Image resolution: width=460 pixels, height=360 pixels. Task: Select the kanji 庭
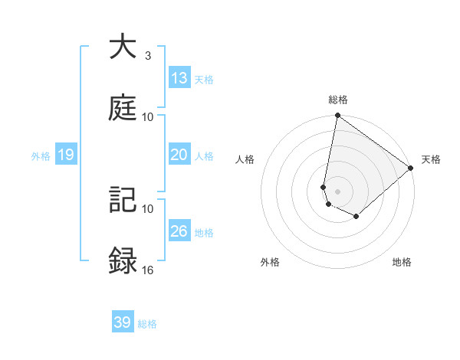click(123, 108)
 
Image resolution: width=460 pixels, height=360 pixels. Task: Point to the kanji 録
click(123, 261)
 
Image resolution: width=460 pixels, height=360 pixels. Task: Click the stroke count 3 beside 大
click(147, 56)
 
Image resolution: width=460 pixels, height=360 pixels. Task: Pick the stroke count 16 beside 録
click(147, 270)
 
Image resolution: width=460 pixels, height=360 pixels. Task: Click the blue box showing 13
click(179, 78)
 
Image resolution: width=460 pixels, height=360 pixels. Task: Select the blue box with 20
click(179, 155)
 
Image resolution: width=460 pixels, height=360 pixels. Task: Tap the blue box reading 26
click(179, 231)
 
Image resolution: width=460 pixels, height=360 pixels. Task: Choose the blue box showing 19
click(66, 155)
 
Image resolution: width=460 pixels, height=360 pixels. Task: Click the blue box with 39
click(123, 322)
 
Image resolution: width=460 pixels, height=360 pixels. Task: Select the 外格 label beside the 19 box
click(41, 156)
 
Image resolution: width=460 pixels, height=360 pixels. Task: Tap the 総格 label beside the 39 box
click(147, 324)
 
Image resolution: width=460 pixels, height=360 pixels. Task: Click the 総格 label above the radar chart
click(338, 100)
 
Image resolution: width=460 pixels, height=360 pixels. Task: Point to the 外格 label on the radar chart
click(270, 263)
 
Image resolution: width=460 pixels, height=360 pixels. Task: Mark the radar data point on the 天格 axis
click(411, 169)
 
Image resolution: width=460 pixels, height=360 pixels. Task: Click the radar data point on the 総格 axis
click(337, 116)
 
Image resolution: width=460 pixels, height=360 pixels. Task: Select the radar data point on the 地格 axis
click(356, 217)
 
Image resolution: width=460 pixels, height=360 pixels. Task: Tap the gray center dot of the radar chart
click(337, 191)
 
